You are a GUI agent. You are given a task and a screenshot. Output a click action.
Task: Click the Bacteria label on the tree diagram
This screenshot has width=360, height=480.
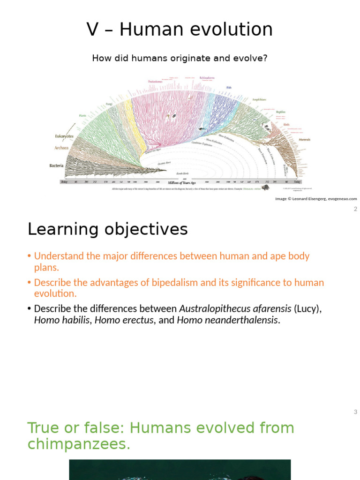[56, 165]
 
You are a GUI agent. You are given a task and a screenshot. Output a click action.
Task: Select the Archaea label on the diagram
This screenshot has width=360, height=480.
[61, 148]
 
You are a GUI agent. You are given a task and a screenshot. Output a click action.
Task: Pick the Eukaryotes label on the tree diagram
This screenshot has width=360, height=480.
[64, 136]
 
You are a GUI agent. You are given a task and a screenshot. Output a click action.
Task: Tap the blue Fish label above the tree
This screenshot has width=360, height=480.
[229, 87]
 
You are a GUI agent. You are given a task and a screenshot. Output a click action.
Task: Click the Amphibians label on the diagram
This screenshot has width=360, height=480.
[259, 99]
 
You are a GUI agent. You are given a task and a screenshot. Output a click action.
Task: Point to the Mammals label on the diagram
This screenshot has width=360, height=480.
[304, 139]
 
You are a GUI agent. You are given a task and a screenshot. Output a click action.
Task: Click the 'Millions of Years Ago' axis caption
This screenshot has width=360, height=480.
[182, 182]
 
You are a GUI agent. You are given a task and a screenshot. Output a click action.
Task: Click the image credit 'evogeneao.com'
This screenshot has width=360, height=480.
[342, 199]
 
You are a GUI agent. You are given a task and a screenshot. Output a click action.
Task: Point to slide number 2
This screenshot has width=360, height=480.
[355, 209]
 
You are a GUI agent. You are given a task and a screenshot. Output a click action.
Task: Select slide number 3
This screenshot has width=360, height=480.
[355, 412]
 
